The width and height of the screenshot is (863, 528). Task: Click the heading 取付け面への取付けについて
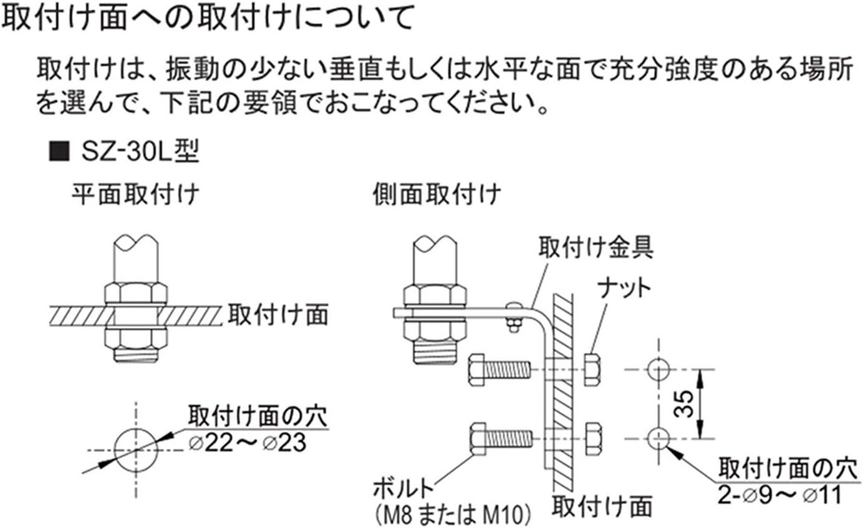pyautogui.click(x=208, y=19)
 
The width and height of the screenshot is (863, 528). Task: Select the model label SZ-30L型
pyautogui.click(x=138, y=152)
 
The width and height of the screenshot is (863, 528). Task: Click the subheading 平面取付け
pyautogui.click(x=135, y=194)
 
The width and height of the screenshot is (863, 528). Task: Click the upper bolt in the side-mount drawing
pyautogui.click(x=499, y=370)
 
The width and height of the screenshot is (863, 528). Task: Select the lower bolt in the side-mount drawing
pyautogui.click(x=499, y=438)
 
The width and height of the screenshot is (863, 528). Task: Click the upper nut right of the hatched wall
pyautogui.click(x=592, y=370)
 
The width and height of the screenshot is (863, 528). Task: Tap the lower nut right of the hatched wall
pyautogui.click(x=592, y=438)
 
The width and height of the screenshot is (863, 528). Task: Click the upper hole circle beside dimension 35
pyautogui.click(x=658, y=370)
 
